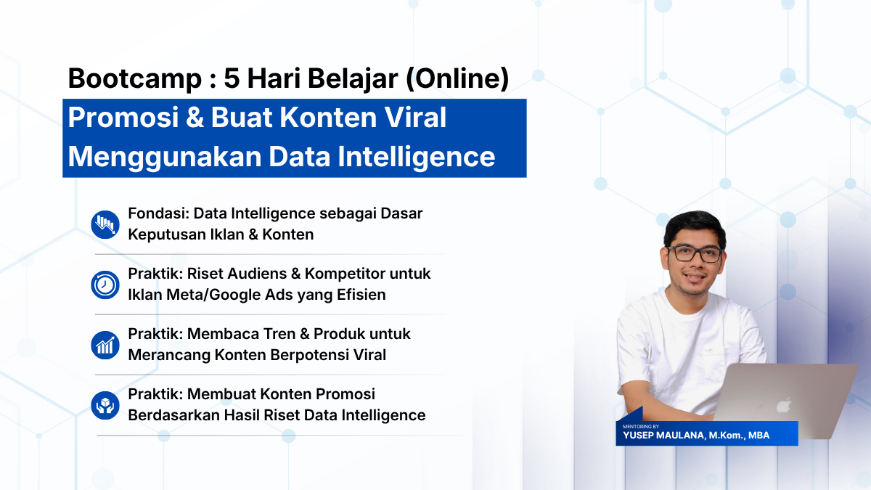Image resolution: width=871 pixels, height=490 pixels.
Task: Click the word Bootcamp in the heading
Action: pos(135,78)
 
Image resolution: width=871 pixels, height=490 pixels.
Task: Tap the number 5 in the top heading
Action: pos(232,78)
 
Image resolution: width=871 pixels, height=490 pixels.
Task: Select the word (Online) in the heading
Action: pos(457,79)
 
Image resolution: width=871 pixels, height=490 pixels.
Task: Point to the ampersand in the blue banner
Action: pos(195,118)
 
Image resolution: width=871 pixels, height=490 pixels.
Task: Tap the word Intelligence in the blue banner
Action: pos(417,157)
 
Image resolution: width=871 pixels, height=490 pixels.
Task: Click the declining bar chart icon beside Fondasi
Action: pos(105,224)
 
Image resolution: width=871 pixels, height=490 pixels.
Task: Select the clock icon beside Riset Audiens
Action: pos(105,285)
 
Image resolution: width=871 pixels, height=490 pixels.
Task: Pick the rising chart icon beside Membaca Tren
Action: pos(105,345)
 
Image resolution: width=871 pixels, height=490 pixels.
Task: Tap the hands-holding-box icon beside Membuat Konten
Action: pos(105,405)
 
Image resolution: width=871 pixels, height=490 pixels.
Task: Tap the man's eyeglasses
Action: pos(695,254)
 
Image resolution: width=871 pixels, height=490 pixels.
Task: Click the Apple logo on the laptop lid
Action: pos(784,405)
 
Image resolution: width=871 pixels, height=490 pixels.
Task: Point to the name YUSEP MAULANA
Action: pos(663,436)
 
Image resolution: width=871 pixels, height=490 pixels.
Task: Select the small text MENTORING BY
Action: pos(641,427)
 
